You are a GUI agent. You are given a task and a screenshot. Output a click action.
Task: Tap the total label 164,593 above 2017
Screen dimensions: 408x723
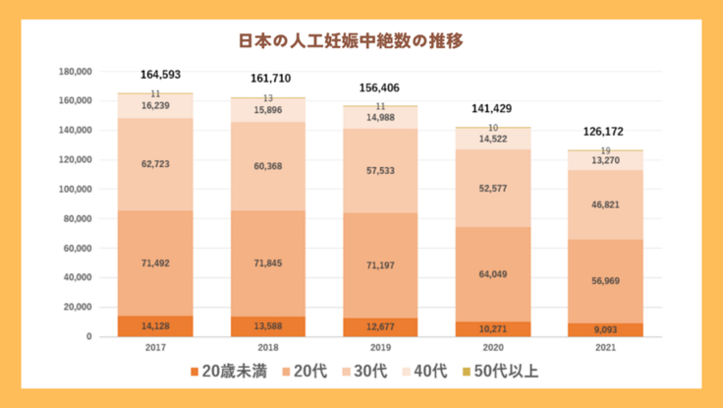click(161, 75)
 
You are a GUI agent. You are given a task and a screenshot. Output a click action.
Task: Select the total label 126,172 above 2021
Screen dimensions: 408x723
click(604, 131)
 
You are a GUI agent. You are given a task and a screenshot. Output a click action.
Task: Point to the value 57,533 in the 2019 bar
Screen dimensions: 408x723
click(380, 170)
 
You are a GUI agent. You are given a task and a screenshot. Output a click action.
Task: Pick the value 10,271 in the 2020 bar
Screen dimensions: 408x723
click(492, 328)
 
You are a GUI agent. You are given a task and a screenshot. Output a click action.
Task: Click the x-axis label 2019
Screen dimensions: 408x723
click(380, 347)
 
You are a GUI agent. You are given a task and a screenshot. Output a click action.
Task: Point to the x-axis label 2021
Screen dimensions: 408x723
click(604, 347)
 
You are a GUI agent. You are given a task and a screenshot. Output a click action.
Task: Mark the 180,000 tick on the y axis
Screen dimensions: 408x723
click(76, 72)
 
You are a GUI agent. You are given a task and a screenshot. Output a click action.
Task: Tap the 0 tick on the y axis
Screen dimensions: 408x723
click(89, 336)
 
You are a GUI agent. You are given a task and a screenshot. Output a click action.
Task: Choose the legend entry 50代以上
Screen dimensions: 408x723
click(501, 372)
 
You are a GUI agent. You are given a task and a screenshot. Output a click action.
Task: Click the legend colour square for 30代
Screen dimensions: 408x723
click(348, 372)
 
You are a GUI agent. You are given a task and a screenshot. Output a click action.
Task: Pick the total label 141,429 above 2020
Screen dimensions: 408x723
click(492, 109)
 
